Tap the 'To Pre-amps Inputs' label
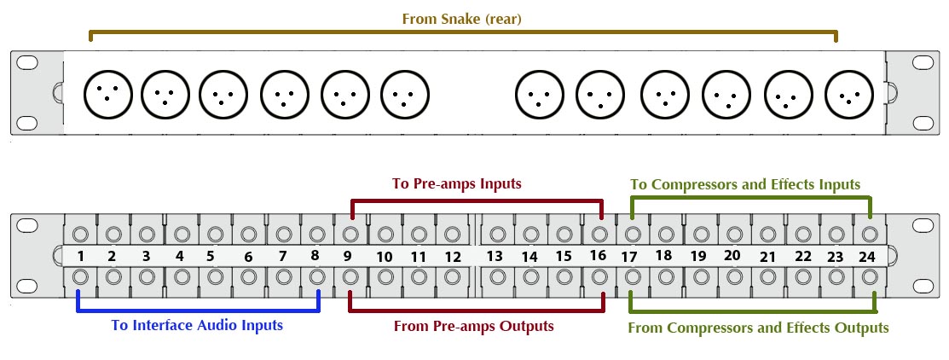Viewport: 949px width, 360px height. click(456, 183)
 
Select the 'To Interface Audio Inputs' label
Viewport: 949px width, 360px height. click(197, 325)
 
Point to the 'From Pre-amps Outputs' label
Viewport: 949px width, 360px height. click(473, 326)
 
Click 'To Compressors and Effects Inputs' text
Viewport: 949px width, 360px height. click(745, 184)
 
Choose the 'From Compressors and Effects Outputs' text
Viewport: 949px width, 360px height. click(758, 328)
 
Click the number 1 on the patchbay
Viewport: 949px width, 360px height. click(79, 256)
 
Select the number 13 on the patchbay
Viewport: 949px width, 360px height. click(495, 256)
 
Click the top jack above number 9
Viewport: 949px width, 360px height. click(350, 234)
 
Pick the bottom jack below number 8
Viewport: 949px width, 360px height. click(317, 276)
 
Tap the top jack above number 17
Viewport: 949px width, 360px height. click(632, 234)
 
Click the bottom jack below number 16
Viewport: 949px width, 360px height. click(599, 276)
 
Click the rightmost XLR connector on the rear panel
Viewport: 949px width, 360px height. click(849, 94)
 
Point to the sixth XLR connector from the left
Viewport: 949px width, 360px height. click(403, 93)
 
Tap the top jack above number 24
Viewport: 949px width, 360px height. click(869, 234)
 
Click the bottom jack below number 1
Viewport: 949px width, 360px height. click(81, 276)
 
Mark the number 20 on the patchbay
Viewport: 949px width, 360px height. click(732, 255)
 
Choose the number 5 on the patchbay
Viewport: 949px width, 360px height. click(210, 256)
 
